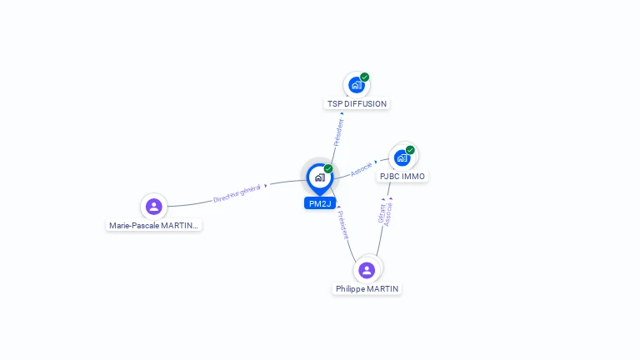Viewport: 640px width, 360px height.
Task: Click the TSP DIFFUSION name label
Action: pos(357,103)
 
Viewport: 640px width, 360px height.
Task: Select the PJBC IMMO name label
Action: pos(402,177)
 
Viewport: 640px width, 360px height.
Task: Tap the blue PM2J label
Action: pos(320,203)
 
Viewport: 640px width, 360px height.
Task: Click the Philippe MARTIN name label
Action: pos(367,288)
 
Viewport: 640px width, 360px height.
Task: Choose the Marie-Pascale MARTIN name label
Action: pos(153,225)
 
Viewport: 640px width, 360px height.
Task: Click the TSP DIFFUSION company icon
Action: pos(357,85)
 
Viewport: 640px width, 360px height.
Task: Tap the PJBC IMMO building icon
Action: pos(402,158)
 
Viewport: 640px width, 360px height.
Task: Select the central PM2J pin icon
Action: pos(320,178)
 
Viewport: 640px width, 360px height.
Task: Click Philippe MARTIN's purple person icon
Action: pos(367,270)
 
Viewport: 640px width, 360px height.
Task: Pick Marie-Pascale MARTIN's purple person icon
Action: pos(154,207)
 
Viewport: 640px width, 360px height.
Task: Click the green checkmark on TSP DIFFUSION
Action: pos(364,77)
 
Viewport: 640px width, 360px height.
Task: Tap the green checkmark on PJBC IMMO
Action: pos(410,150)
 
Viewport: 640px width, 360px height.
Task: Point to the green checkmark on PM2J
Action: pos(328,168)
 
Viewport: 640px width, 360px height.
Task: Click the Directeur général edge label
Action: pos(237,193)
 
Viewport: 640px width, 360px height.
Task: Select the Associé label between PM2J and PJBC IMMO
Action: pos(361,169)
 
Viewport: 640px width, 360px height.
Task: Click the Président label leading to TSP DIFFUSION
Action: pos(339,132)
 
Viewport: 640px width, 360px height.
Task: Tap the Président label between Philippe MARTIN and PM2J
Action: pos(343,224)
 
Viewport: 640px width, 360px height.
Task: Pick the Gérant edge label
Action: pos(381,213)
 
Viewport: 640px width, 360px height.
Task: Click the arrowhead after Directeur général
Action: pos(266,186)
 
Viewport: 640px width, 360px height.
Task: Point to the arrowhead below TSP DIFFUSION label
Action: pos(342,113)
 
